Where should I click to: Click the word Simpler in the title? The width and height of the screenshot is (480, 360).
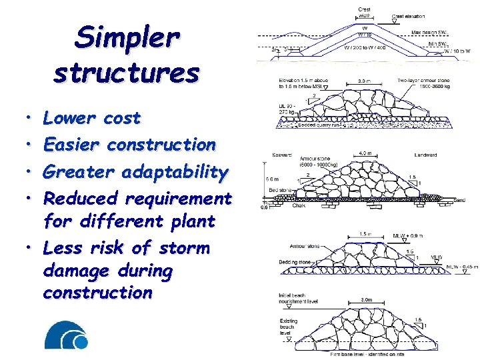click(x=126, y=37)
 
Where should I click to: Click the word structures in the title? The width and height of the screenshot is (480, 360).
click(x=126, y=71)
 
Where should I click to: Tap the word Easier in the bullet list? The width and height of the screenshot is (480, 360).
click(x=72, y=144)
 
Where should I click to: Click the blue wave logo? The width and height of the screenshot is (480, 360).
click(x=66, y=335)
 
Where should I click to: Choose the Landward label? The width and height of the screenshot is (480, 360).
click(x=425, y=155)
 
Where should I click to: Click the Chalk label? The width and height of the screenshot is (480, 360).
click(x=299, y=205)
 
